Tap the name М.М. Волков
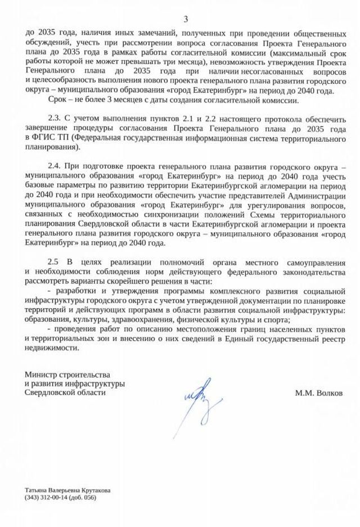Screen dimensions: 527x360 [318, 393]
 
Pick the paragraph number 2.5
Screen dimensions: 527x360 [54, 263]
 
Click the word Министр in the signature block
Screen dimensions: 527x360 [39, 375]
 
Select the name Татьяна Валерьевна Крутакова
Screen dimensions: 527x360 [67, 490]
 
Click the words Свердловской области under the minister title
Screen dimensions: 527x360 [65, 393]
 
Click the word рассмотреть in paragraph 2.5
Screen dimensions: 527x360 [47, 281]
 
